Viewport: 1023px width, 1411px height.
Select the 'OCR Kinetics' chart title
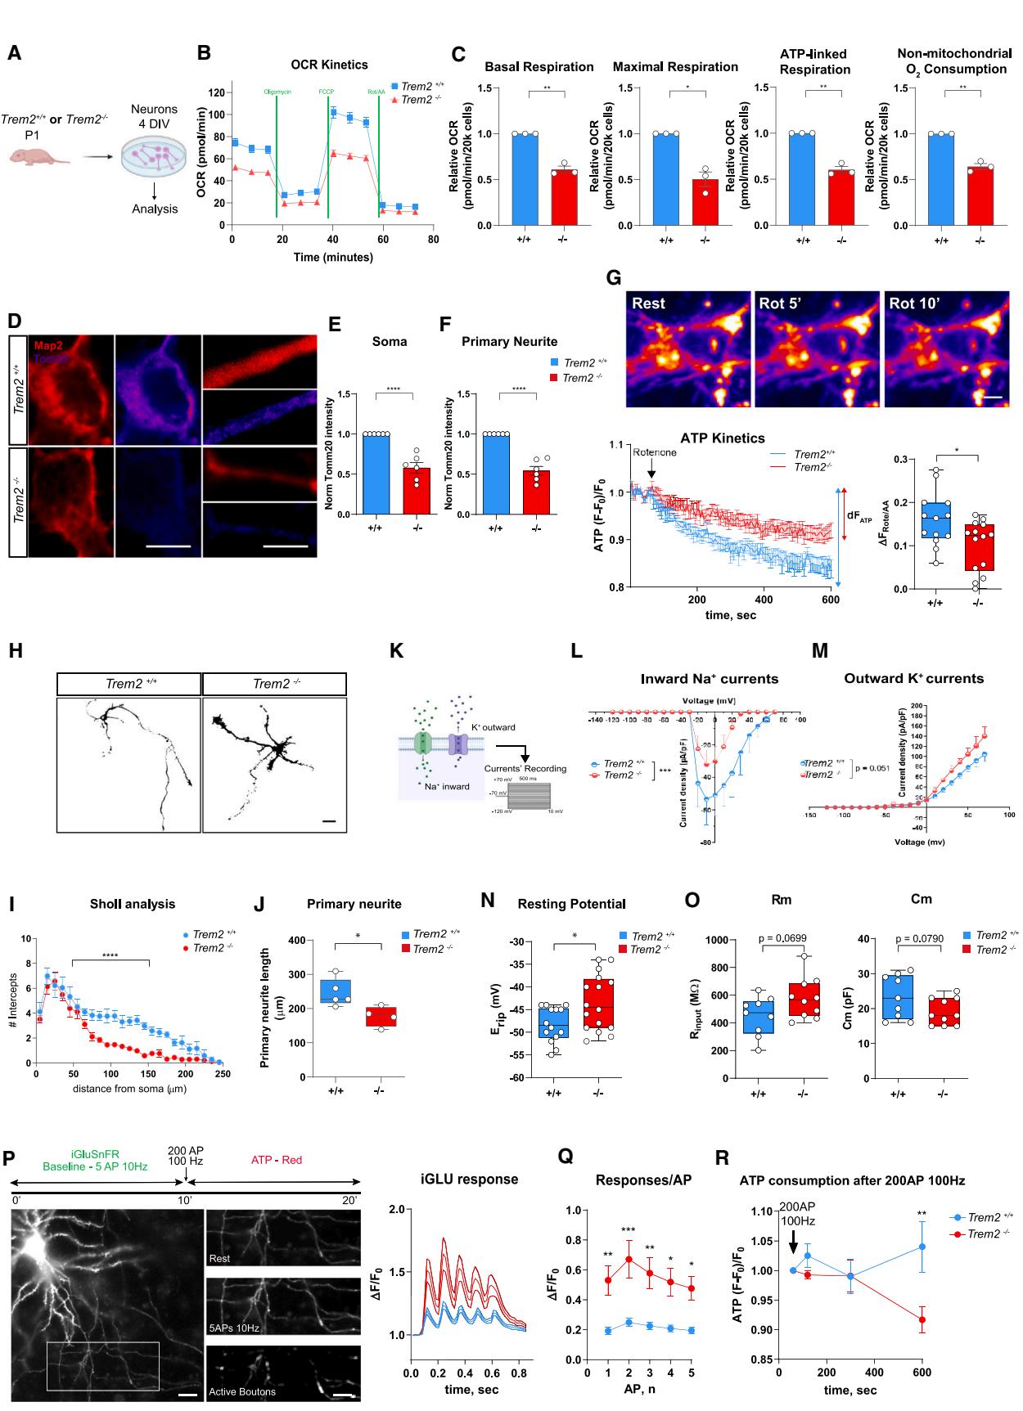(x=329, y=65)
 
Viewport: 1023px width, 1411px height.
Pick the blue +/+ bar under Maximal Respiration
(x=665, y=179)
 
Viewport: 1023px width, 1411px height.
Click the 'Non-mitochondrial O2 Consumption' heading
(x=954, y=61)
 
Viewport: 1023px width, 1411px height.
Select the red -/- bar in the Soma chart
(x=416, y=491)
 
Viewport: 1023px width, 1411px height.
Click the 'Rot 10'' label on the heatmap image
(x=914, y=303)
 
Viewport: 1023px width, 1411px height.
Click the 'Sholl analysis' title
(x=133, y=904)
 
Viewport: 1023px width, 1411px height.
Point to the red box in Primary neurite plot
(x=381, y=1016)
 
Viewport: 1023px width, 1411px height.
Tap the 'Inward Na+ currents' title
(x=709, y=679)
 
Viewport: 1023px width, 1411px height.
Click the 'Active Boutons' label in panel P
(x=242, y=1391)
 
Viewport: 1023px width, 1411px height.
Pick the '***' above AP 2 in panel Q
(x=629, y=1230)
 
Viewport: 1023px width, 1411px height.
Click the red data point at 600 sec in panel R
(x=922, y=1319)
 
